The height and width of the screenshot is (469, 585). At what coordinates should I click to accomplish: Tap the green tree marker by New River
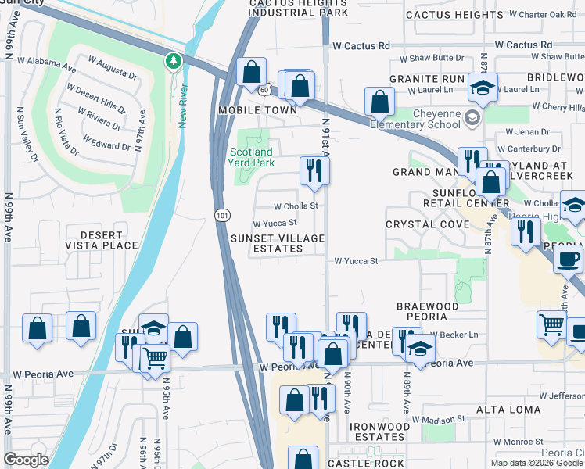coord(173,60)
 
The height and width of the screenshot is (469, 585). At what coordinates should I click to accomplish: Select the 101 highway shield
coord(221,213)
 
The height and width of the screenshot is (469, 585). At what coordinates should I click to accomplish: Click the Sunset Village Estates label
coord(277,243)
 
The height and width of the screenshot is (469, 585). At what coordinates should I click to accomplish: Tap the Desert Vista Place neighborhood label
coord(102,240)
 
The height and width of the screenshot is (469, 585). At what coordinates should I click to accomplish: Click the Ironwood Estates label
coord(376,431)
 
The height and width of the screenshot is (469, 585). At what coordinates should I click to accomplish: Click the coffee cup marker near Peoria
coord(569,259)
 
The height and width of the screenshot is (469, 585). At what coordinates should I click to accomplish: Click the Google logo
coord(26,460)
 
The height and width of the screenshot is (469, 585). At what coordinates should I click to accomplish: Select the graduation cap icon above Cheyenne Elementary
coord(483,87)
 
